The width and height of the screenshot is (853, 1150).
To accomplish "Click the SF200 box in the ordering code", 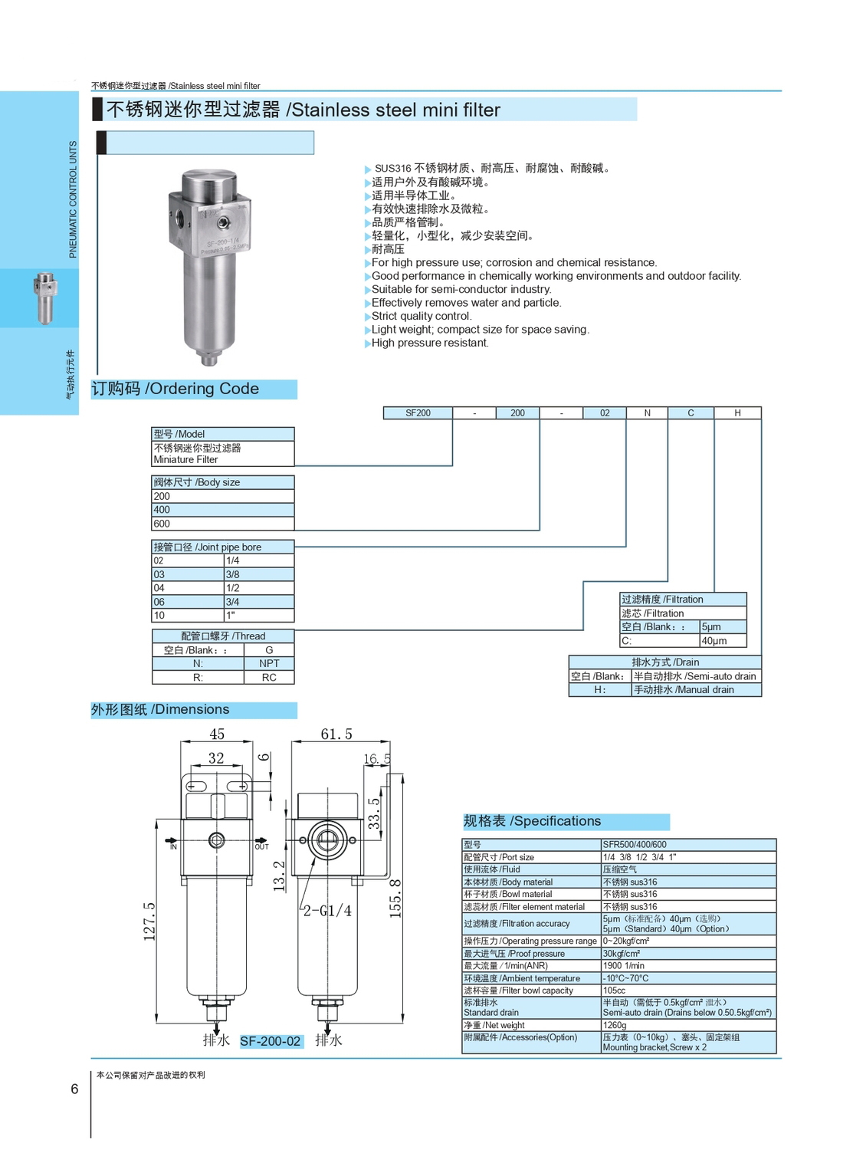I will (418, 413).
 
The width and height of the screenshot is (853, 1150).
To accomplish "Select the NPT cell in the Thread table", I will (269, 664).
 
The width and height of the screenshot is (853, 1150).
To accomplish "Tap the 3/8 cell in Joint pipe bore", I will (258, 574).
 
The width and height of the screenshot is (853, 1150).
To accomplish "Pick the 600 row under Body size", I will (222, 524).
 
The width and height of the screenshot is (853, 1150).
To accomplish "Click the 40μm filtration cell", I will (723, 641).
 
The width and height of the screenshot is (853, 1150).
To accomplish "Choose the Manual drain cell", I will (695, 690).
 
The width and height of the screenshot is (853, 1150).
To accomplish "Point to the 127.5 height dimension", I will (150, 921).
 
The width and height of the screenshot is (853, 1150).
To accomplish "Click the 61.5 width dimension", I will (336, 734).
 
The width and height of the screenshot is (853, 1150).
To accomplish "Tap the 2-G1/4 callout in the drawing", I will (327, 911).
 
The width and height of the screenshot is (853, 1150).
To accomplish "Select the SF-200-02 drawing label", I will (271, 1041).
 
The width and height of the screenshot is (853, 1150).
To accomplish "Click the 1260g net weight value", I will (615, 1025).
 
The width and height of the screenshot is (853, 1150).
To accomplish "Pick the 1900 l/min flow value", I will (624, 966).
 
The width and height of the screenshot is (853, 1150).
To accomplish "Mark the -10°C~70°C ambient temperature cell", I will (626, 978).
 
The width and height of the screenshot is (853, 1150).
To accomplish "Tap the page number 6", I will (74, 1089).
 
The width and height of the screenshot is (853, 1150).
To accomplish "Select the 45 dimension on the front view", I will (217, 734).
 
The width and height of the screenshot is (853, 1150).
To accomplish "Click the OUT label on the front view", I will (261, 846).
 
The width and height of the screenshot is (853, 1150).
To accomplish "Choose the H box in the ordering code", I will (737, 413).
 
